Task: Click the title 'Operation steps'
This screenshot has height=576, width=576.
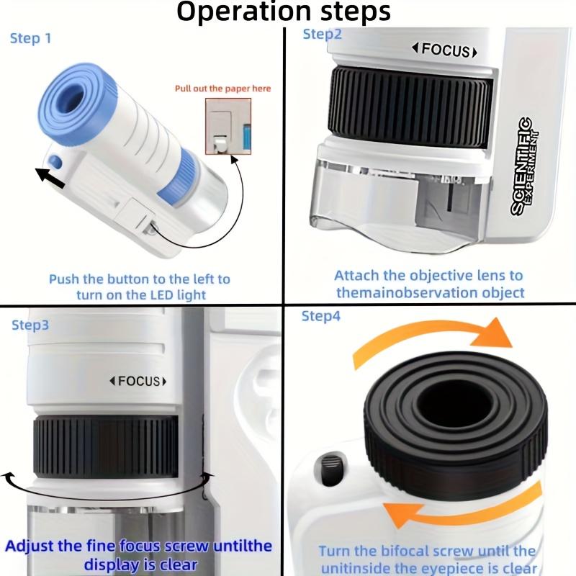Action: click(284, 12)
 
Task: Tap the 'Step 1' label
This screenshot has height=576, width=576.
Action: click(31, 38)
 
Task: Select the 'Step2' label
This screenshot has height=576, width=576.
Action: click(323, 34)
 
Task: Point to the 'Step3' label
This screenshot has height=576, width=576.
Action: click(30, 325)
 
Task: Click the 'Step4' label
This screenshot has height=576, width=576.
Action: click(320, 316)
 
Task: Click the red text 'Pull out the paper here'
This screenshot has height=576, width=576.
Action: click(223, 89)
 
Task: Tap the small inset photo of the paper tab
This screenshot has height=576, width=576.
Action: click(228, 127)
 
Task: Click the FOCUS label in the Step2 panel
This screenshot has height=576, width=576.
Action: click(444, 50)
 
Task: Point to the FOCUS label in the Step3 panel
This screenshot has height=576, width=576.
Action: click(138, 381)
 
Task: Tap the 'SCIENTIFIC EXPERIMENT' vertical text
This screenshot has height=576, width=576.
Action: click(529, 166)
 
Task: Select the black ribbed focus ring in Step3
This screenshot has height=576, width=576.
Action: click(105, 447)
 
